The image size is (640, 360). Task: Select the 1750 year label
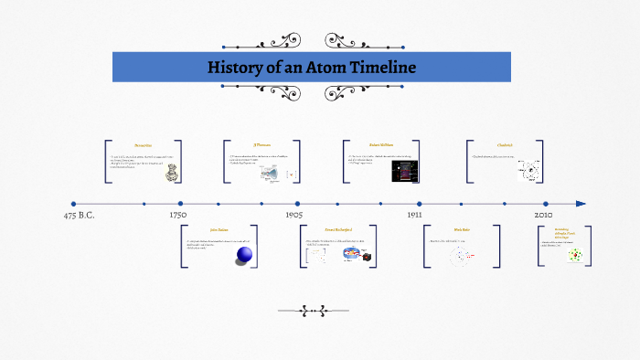178,215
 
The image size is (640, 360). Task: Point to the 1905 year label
293,215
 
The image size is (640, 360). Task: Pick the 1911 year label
414,215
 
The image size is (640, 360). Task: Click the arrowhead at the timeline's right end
581,204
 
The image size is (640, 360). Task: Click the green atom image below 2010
576,257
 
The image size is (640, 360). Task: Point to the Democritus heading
143,145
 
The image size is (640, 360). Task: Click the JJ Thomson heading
262,145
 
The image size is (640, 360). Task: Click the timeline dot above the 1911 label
419,204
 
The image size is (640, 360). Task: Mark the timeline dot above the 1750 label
180,204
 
